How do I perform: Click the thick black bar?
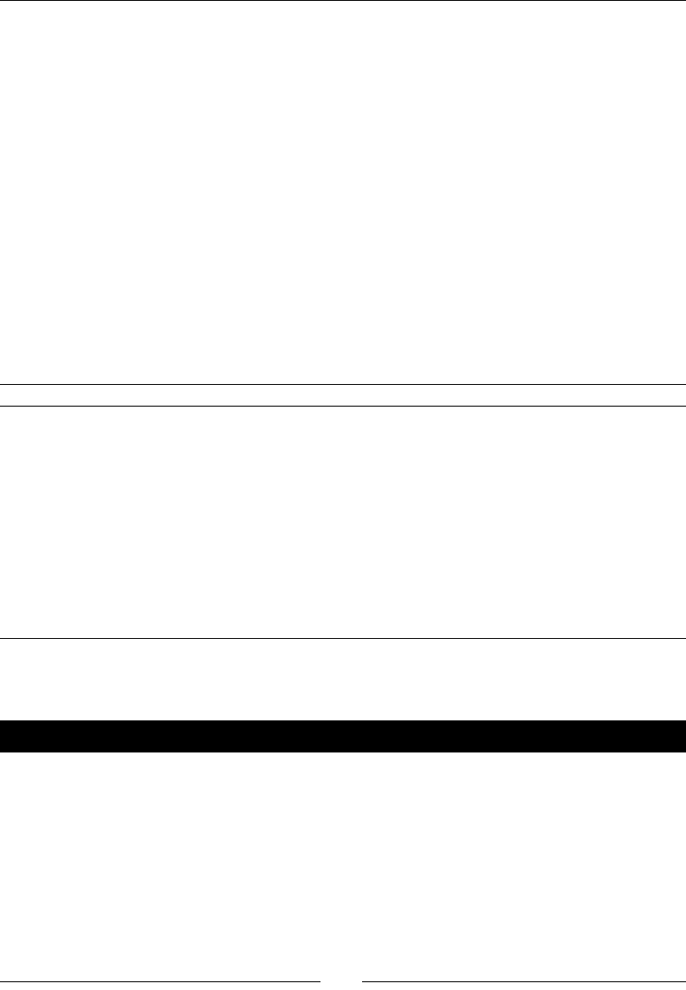[343, 737]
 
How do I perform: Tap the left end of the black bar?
[3, 737]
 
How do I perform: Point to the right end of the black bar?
[683, 737]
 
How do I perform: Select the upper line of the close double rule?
[343, 384]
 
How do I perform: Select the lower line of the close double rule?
[343, 406]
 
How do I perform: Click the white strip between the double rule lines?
[343, 395]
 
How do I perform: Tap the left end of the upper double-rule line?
[1, 384]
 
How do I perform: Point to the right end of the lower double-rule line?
[684, 406]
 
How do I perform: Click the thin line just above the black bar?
[343, 639]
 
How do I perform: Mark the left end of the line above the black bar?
[1, 639]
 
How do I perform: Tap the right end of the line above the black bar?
[684, 639]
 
